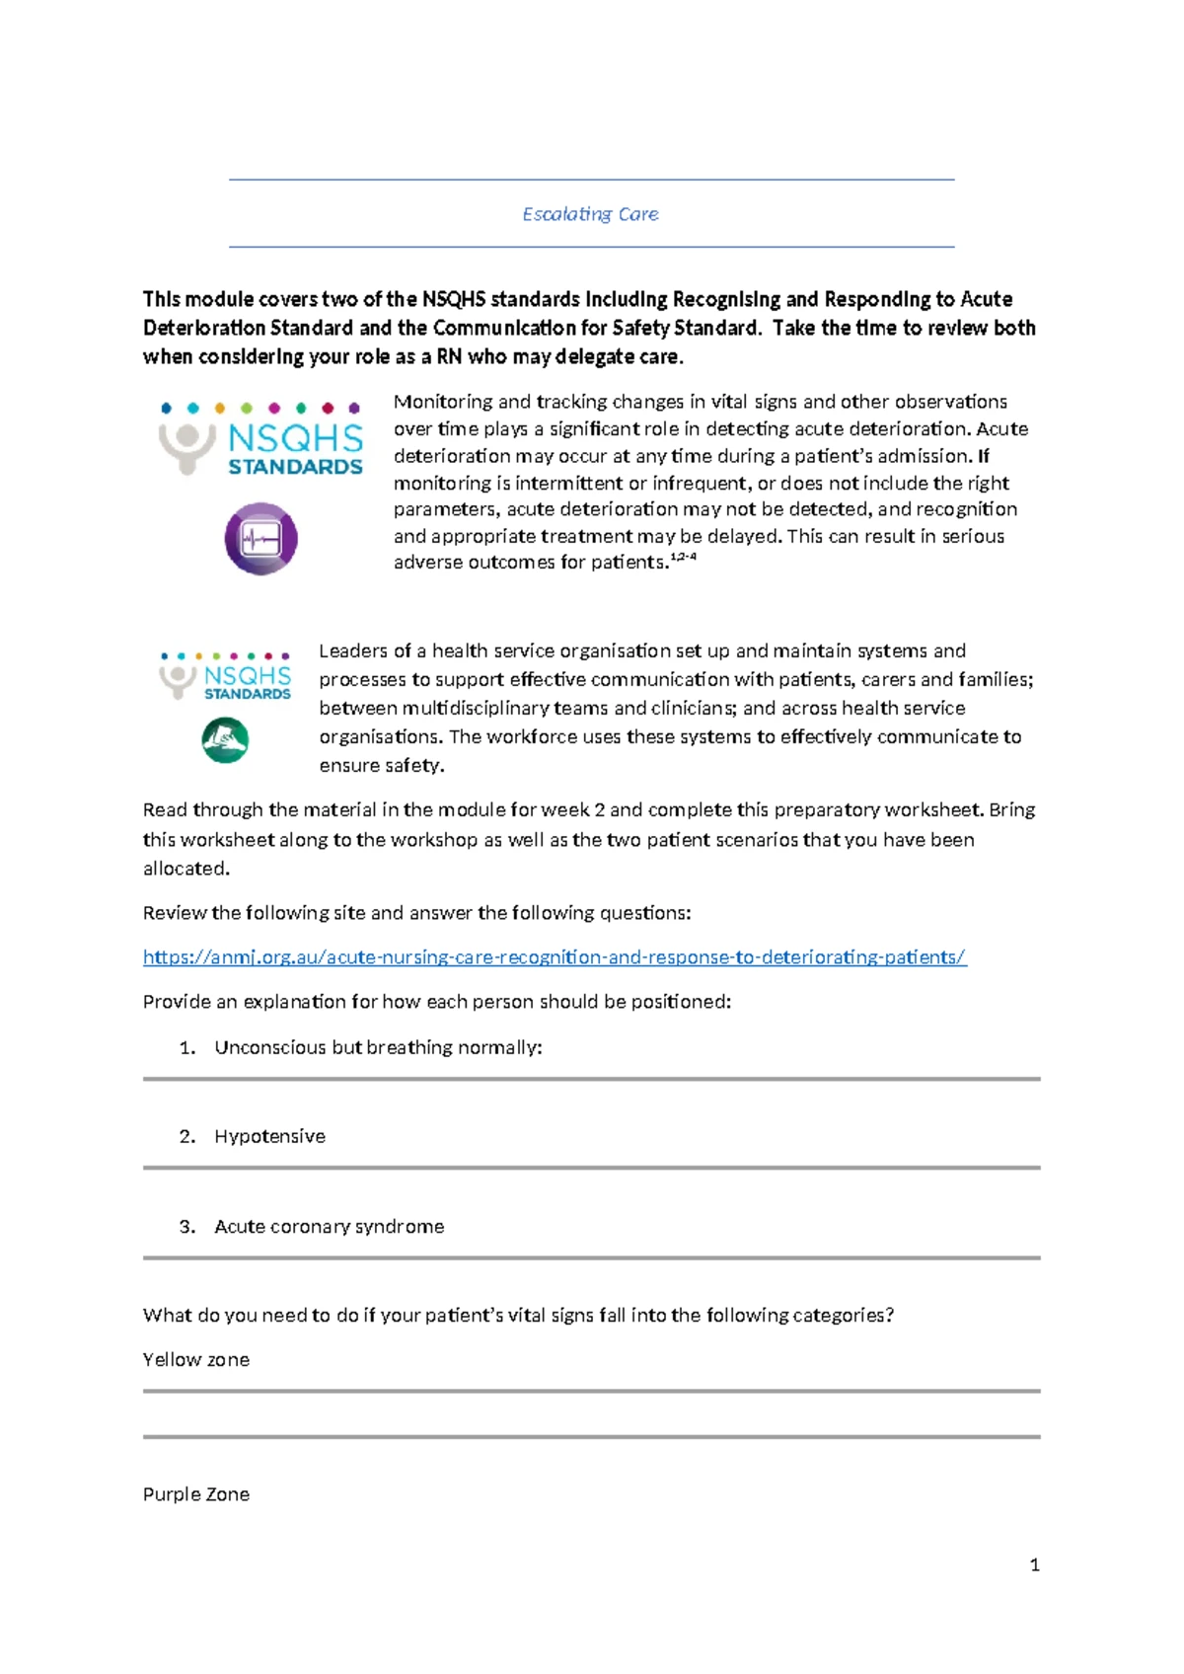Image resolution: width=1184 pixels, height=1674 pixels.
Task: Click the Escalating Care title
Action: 590,214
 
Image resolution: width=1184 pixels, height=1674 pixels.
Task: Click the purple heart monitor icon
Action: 260,539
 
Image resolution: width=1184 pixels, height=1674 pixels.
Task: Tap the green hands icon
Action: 225,740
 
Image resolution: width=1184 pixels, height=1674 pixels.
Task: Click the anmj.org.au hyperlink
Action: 555,956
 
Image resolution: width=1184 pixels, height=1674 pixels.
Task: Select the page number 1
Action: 1034,1564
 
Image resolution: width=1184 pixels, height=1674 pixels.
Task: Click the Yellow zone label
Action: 196,1359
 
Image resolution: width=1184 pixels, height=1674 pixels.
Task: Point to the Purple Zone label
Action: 196,1494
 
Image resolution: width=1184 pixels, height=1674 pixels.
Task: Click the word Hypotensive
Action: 269,1136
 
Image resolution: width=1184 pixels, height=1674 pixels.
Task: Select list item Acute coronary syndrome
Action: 329,1226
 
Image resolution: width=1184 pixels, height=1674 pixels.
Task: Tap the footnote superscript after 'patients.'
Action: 684,558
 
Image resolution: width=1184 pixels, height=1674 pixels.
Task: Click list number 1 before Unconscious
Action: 186,1047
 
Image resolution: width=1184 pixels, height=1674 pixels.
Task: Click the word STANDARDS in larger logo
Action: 295,467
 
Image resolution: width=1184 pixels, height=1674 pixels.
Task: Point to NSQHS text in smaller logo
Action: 248,675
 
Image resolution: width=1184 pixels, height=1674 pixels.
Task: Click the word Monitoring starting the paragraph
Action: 442,402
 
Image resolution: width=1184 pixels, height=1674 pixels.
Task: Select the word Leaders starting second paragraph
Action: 352,650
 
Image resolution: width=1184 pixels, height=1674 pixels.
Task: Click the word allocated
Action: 185,869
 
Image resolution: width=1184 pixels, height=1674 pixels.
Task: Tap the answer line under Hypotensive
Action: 591,1168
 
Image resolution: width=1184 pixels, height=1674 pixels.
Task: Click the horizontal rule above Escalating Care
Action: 591,180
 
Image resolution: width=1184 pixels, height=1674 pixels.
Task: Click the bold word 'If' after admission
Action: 983,456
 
